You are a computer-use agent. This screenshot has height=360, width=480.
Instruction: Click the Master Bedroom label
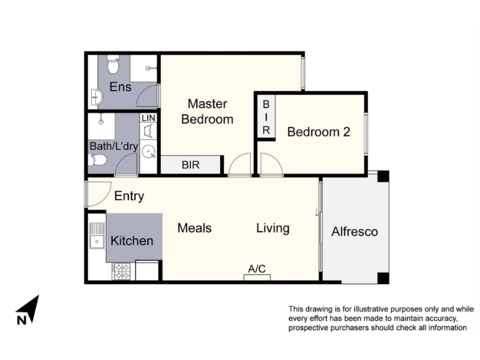pyautogui.click(x=207, y=112)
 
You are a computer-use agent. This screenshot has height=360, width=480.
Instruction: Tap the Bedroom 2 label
pyautogui.click(x=319, y=132)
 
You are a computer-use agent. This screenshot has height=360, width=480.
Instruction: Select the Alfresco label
pyautogui.click(x=355, y=232)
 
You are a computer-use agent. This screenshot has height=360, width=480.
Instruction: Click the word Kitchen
pyautogui.click(x=132, y=241)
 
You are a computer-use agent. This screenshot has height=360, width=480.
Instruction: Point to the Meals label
pyautogui.click(x=194, y=228)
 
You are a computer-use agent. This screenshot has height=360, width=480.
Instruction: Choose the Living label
pyautogui.click(x=273, y=229)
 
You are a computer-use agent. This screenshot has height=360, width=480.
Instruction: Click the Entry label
pyautogui.click(x=129, y=196)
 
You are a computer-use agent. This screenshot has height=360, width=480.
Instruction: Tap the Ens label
pyautogui.click(x=121, y=87)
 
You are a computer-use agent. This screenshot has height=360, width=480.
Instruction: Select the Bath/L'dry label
pyautogui.click(x=114, y=146)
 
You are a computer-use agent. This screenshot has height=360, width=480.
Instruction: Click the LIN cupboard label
pyautogui.click(x=148, y=118)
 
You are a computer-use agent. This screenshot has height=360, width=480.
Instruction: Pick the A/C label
pyautogui.click(x=257, y=269)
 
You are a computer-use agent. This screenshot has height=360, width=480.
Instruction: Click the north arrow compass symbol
pyautogui.click(x=28, y=310)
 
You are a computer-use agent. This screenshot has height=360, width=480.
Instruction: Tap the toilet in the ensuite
pyautogui.click(x=113, y=64)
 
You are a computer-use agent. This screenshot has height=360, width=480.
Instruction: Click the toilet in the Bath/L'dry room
pyautogui.click(x=98, y=160)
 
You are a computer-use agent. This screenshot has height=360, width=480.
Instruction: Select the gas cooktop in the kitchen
pyautogui.click(x=121, y=271)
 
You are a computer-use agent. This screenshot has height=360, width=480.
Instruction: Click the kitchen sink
pyautogui.click(x=97, y=235)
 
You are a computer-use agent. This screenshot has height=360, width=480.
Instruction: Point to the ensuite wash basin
pyautogui.click(x=97, y=97)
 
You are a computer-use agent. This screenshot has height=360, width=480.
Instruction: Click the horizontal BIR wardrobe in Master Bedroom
pyautogui.click(x=191, y=165)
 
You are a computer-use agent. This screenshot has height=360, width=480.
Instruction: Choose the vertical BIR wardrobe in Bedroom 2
pyautogui.click(x=266, y=117)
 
